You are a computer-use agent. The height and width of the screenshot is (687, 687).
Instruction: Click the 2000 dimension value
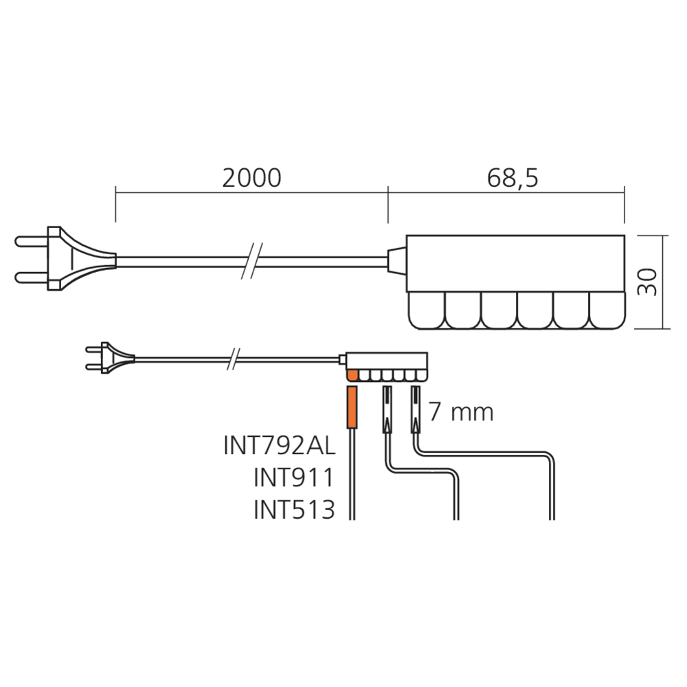click(x=251, y=178)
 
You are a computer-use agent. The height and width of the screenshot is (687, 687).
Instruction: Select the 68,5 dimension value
click(x=513, y=178)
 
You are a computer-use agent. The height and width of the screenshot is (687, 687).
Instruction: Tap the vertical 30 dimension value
click(x=647, y=282)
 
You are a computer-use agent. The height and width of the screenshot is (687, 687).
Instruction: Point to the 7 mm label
click(x=460, y=412)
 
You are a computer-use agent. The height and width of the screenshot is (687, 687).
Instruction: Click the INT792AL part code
click(x=280, y=446)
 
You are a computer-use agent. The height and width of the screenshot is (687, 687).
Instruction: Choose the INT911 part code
click(x=294, y=477)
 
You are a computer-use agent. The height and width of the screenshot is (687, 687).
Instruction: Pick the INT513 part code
click(x=295, y=510)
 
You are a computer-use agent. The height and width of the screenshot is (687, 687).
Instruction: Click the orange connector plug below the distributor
click(x=352, y=407)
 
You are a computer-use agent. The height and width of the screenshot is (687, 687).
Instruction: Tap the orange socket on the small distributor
click(x=352, y=376)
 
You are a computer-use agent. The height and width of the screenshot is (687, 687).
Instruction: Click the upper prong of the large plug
click(x=32, y=241)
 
